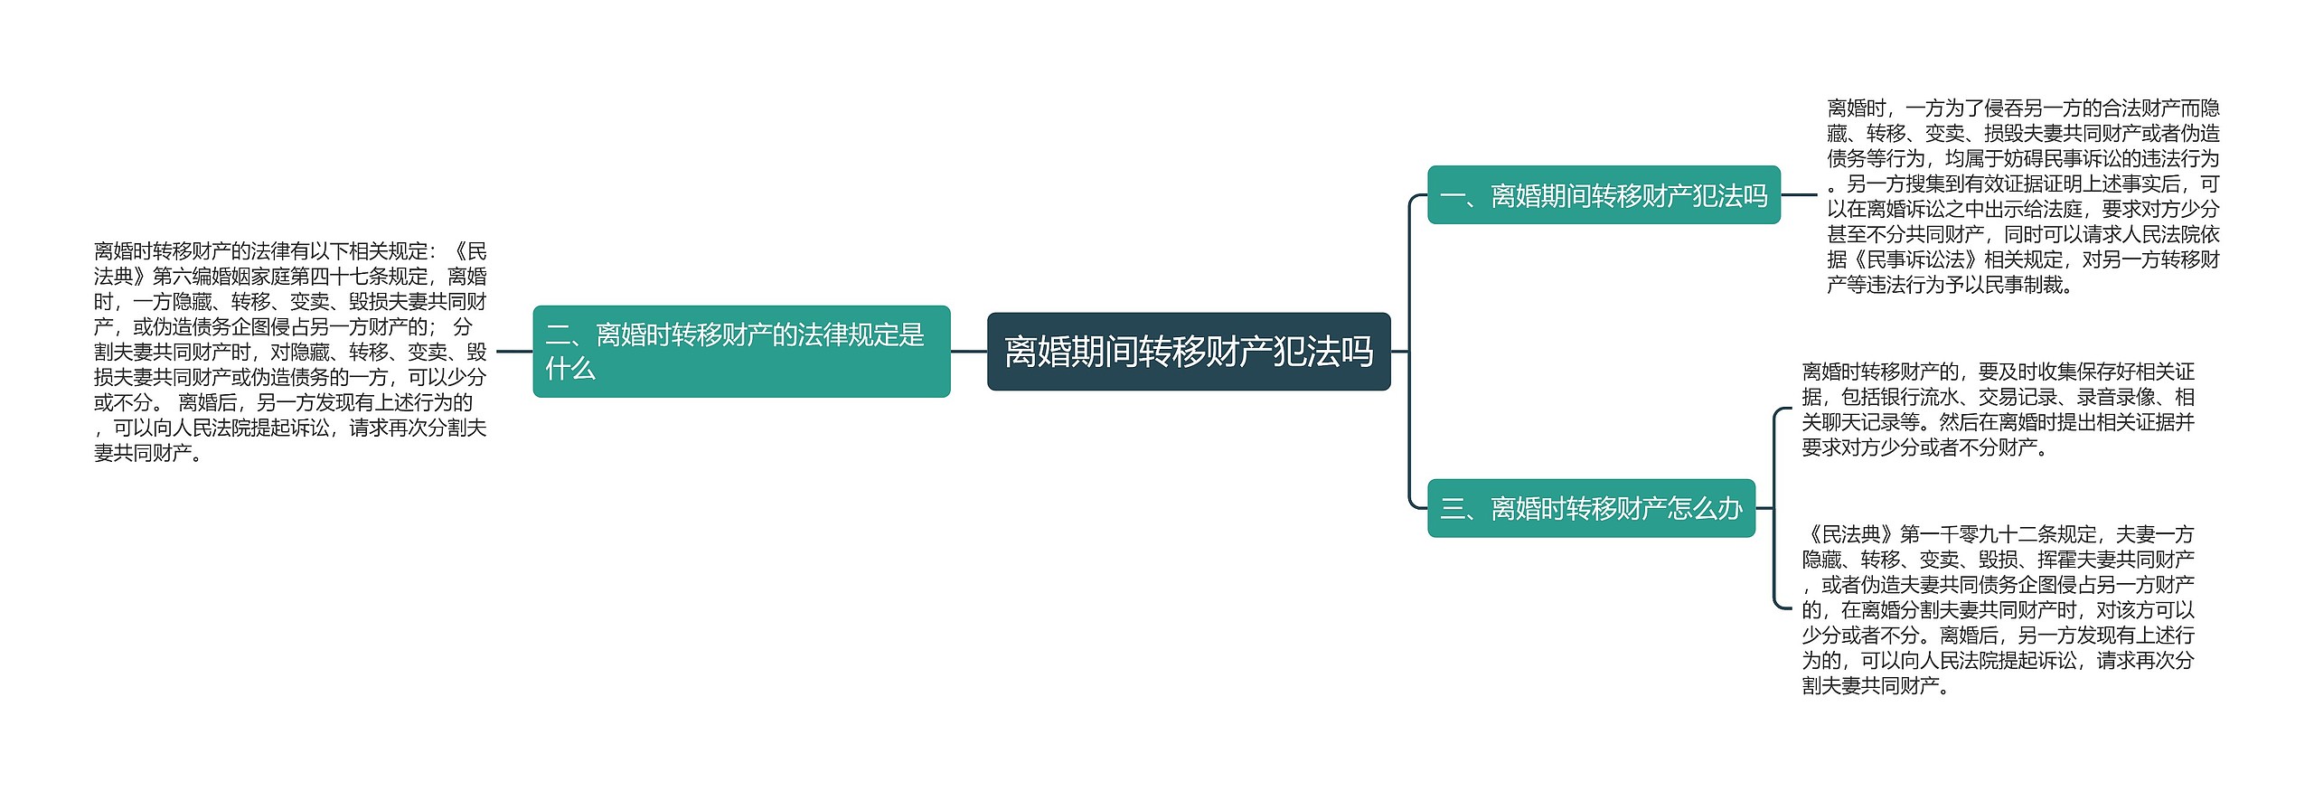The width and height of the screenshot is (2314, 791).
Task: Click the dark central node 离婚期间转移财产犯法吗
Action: click(1188, 352)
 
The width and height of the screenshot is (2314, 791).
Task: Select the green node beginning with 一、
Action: click(1603, 195)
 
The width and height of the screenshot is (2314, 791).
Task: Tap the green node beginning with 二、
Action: click(741, 352)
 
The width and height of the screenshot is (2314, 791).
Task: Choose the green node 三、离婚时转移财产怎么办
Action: click(1590, 508)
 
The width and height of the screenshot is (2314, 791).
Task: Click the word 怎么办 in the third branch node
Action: click(1704, 508)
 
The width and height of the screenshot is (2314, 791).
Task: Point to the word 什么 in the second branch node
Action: click(570, 368)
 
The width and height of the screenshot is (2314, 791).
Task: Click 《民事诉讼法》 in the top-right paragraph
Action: click(1905, 260)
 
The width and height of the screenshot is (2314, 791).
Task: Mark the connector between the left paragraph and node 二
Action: click(514, 352)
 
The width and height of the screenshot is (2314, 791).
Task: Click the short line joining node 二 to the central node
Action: click(968, 352)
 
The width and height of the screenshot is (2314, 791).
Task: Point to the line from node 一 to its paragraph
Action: click(1798, 195)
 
